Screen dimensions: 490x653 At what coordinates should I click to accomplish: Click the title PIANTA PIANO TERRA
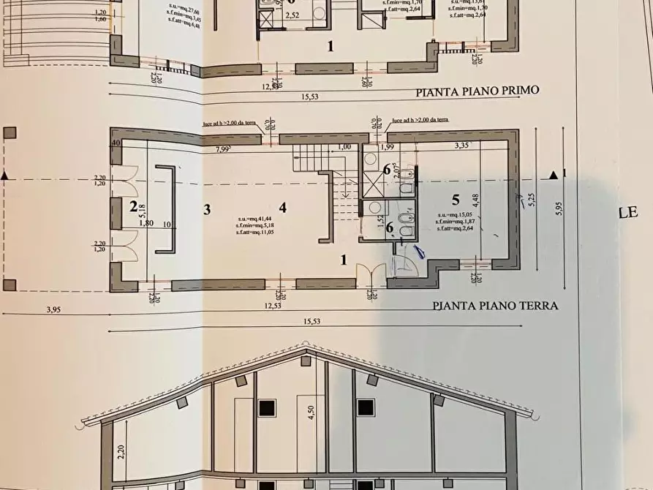coord(495,306)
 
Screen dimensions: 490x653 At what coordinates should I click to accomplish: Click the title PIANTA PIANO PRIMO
coord(477,91)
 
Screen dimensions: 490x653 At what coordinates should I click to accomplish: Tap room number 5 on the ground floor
coord(455,199)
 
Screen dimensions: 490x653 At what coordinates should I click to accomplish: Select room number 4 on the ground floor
coord(282,207)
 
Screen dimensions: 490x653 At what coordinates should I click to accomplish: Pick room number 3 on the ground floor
coord(207,209)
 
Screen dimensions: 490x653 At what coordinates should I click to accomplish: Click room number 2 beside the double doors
coord(133,207)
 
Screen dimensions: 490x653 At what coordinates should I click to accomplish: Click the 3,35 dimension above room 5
coord(461,146)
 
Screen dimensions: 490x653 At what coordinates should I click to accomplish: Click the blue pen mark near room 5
coord(420,252)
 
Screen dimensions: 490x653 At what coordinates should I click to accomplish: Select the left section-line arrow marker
coord(6,176)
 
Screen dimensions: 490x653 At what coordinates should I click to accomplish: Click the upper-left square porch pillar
coord(10,134)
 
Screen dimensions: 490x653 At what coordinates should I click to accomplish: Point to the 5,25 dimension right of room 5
coord(532,199)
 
